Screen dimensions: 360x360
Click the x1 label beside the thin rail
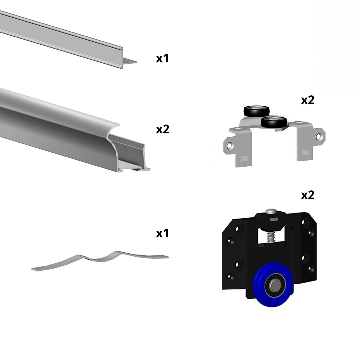pos(162,58)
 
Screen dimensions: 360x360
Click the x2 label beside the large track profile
pos(162,129)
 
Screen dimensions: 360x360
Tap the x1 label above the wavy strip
pos(162,233)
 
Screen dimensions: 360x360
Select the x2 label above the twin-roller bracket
pos(307,100)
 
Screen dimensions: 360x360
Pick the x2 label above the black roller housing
pos(307,195)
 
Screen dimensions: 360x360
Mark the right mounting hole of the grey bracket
pos(318,137)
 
